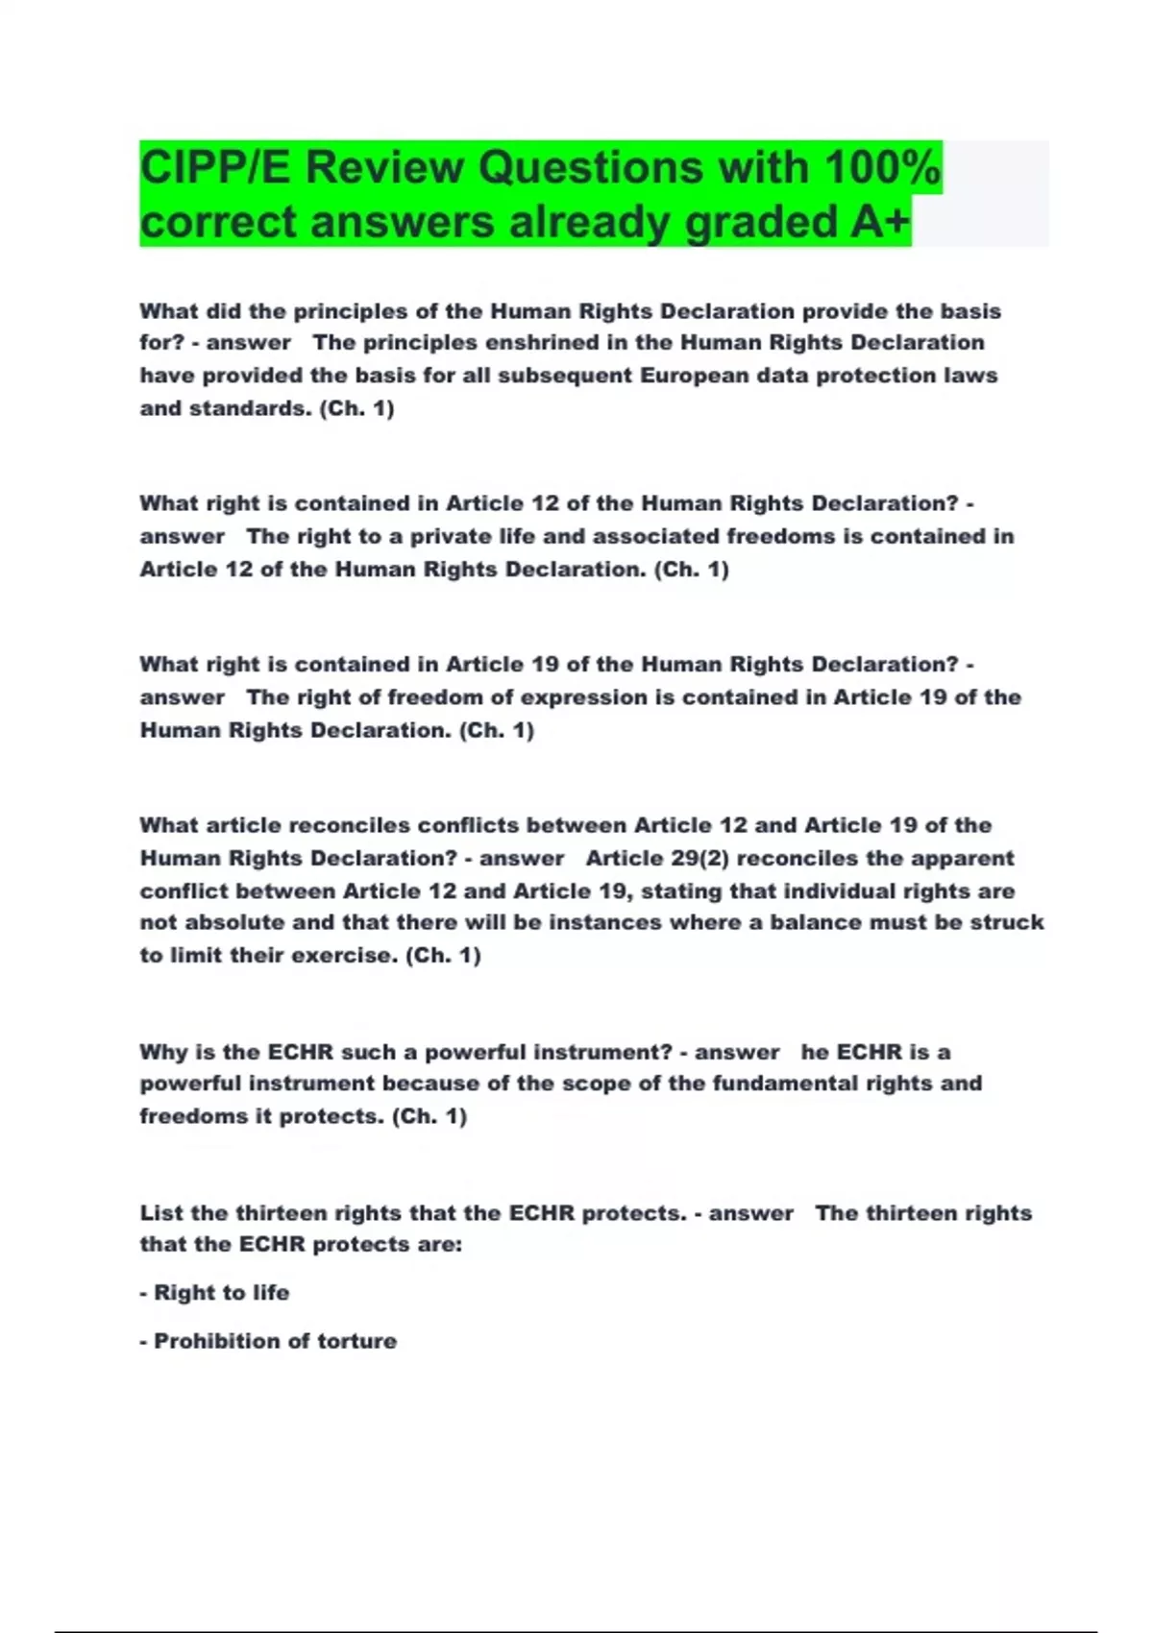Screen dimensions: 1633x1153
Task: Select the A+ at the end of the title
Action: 879,222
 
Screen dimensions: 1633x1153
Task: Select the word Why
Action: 163,1052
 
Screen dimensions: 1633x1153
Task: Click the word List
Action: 160,1213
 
